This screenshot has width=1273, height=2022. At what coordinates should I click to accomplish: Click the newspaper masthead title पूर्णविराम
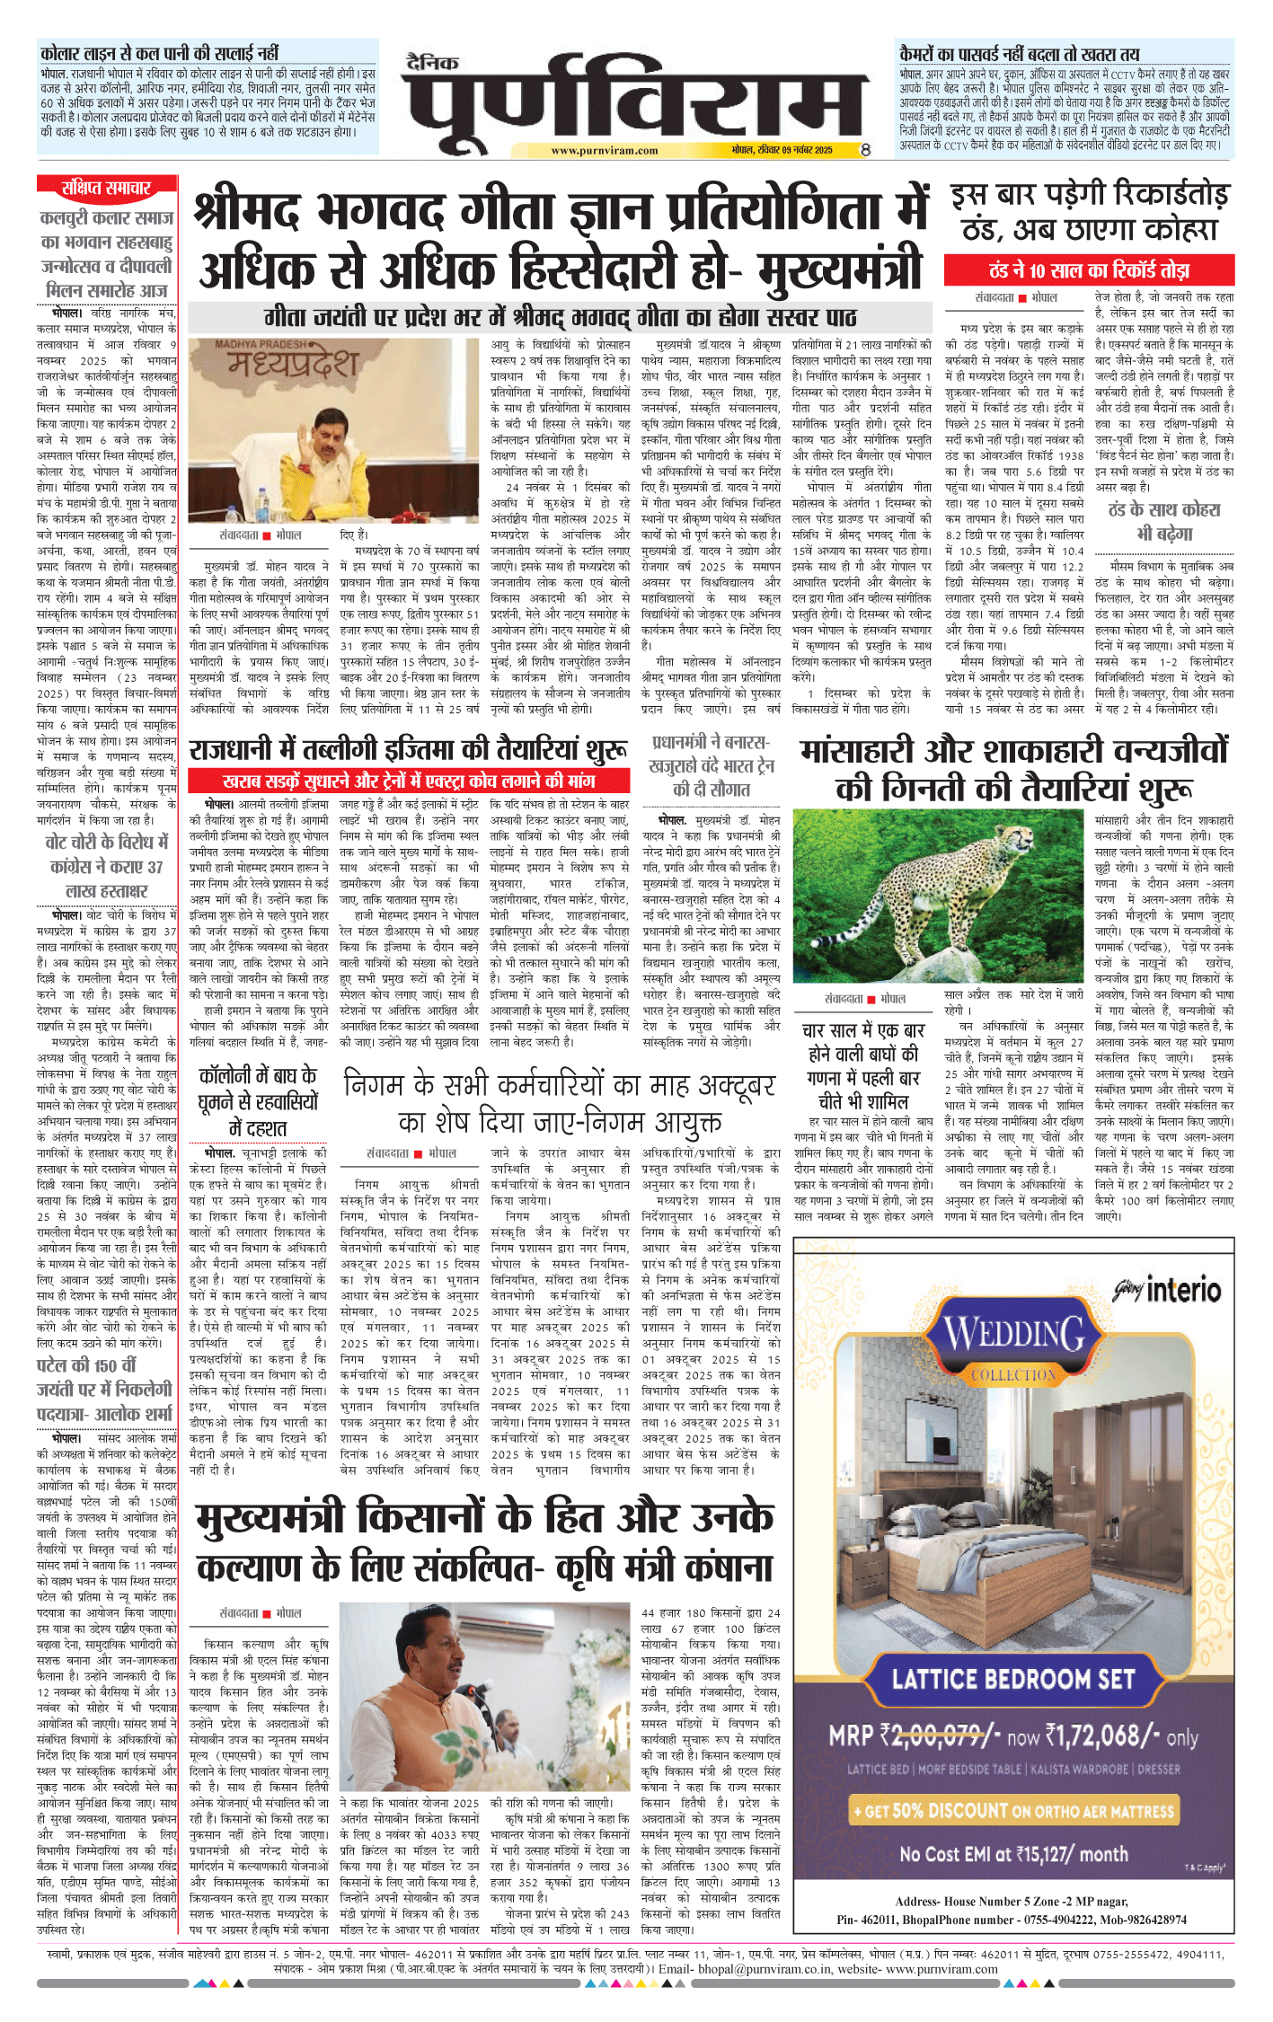pyautogui.click(x=634, y=98)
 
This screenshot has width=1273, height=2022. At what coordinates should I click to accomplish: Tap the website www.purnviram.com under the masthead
pyautogui.click(x=604, y=151)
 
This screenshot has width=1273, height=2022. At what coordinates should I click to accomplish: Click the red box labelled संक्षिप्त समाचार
pyautogui.click(x=106, y=188)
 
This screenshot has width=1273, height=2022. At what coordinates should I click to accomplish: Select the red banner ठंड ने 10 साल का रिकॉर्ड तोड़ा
pyautogui.click(x=1089, y=270)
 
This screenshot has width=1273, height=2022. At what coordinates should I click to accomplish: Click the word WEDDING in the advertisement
pyautogui.click(x=1014, y=1335)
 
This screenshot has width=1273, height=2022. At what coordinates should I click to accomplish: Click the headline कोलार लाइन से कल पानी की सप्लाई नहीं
pyautogui.click(x=159, y=52)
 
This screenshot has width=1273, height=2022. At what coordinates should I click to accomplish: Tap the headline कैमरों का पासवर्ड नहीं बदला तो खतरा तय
pyautogui.click(x=1019, y=53)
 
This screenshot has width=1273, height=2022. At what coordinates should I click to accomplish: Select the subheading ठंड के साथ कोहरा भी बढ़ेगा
pyautogui.click(x=1163, y=521)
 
